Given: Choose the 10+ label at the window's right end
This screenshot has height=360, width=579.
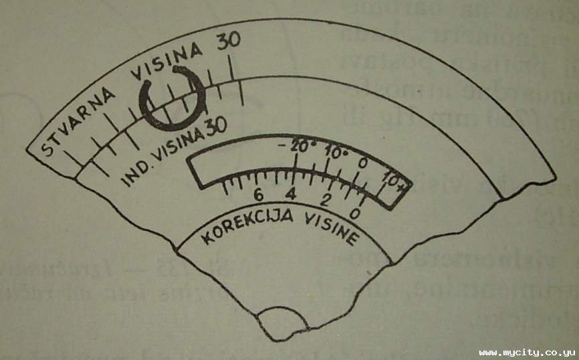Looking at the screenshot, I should [394, 181].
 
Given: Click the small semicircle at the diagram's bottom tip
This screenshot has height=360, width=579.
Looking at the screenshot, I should [284, 322].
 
